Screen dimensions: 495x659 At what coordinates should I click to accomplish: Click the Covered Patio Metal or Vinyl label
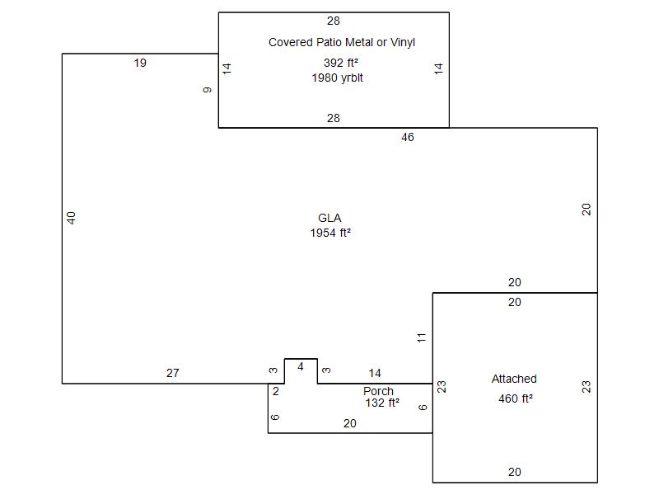click(x=341, y=42)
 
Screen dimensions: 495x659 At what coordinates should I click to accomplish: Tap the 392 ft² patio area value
click(x=341, y=63)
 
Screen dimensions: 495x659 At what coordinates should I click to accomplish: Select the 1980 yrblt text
click(x=338, y=78)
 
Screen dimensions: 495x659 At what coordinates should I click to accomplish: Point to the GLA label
click(x=329, y=219)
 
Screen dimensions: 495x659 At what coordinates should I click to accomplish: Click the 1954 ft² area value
click(x=330, y=233)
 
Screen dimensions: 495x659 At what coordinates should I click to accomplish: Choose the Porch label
click(x=378, y=391)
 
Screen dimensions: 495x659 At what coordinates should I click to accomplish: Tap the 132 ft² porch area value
click(x=382, y=403)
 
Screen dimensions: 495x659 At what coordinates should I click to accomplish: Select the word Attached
click(x=514, y=379)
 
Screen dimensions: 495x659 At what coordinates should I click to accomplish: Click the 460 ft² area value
click(x=516, y=399)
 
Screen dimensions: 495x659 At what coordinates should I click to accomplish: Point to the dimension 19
click(x=140, y=63)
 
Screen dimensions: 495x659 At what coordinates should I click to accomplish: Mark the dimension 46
click(x=408, y=138)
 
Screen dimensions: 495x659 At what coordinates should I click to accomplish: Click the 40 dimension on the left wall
click(x=72, y=218)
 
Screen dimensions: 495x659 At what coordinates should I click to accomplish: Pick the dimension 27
click(x=172, y=374)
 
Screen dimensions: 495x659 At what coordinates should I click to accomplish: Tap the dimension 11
click(x=422, y=337)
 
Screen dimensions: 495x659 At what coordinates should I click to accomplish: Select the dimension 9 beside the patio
click(x=208, y=89)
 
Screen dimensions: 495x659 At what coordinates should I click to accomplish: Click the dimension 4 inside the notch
click(x=301, y=367)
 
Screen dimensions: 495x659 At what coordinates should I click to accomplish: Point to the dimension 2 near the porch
click(x=276, y=392)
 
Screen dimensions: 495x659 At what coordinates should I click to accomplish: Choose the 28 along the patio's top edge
click(x=334, y=21)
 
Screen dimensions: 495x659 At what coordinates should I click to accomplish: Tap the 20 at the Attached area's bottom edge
click(x=515, y=473)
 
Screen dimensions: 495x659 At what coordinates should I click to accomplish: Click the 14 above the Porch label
click(x=375, y=374)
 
